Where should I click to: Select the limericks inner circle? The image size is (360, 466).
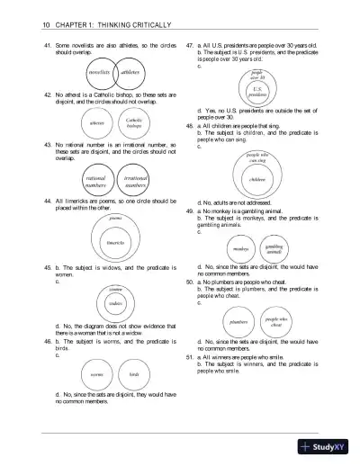pyautogui.click(x=116, y=243)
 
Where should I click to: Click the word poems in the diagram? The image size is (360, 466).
pyautogui.click(x=116, y=219)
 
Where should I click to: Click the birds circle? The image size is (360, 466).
pyautogui.click(x=134, y=372)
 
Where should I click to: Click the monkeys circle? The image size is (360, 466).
pyautogui.click(x=240, y=249)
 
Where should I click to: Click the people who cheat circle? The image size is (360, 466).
pyautogui.click(x=276, y=320)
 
